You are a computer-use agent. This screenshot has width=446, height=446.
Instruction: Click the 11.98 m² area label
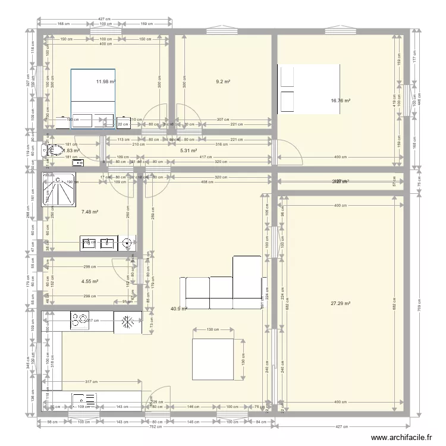[106, 81]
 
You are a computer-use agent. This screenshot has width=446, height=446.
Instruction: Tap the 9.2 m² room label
[223, 81]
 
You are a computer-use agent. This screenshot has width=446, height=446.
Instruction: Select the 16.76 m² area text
[340, 101]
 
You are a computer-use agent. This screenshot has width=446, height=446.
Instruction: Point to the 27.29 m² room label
[340, 303]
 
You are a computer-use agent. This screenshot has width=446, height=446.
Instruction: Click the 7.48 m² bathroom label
[90, 212]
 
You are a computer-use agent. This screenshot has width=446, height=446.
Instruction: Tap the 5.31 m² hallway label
[188, 151]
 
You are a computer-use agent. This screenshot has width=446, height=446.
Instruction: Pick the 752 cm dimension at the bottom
[156, 427]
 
